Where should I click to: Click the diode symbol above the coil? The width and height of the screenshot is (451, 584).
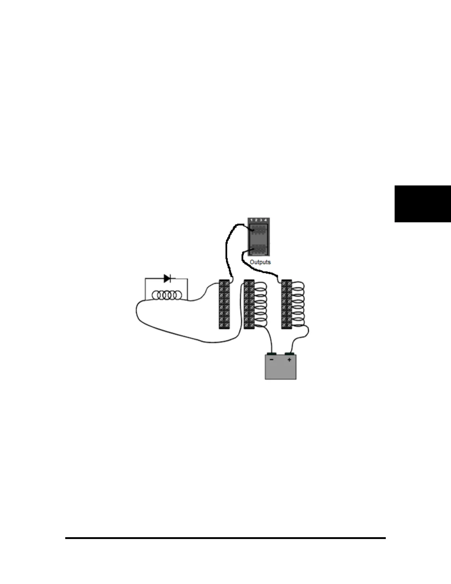point(167,279)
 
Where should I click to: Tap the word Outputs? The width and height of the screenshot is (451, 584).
point(260,262)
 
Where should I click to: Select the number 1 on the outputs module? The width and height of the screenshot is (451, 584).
point(252,220)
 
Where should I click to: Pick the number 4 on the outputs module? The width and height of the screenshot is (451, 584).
point(266,220)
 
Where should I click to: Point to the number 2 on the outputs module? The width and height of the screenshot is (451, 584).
point(256,220)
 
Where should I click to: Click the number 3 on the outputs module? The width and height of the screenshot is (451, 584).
point(261,220)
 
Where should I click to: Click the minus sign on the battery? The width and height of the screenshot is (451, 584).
point(272,359)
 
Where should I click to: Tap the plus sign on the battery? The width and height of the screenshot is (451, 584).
point(289,359)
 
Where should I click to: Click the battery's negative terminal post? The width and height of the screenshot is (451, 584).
point(272,354)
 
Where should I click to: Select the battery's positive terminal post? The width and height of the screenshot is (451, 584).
point(290,354)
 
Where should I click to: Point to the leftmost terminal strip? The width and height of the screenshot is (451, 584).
point(224,304)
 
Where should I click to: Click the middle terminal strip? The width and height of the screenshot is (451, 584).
point(249,304)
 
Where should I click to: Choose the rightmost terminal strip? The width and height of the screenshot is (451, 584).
point(286,304)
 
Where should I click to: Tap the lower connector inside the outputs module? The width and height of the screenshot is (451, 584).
point(259,250)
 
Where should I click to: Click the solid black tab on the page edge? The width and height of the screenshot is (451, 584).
point(423,204)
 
